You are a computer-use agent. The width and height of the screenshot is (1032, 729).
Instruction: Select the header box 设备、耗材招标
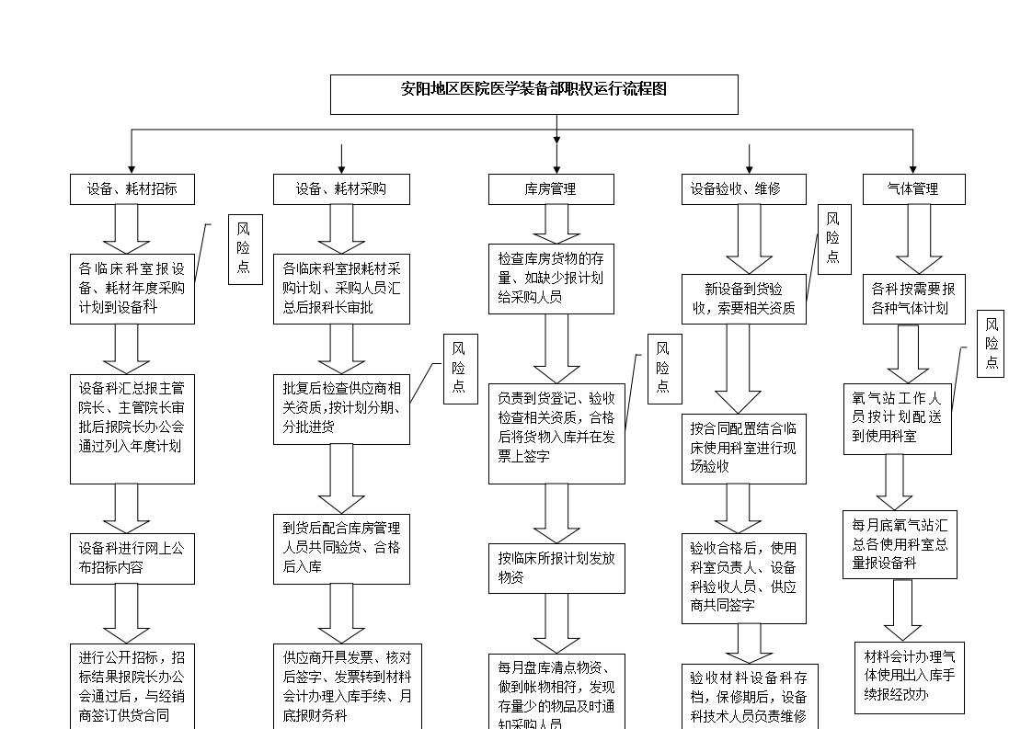pos(132,189)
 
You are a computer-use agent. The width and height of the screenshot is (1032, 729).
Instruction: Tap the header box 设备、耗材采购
pos(341,189)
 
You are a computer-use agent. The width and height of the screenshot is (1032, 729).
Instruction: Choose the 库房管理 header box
pos(550,189)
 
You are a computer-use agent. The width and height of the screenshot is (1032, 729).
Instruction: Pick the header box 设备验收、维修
pos(743,189)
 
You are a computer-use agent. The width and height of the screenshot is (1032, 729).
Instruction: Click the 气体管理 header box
pos(913,189)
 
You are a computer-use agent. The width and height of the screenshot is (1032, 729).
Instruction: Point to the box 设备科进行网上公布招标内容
pos(132,558)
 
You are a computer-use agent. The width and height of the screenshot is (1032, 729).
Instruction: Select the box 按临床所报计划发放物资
pos(556,568)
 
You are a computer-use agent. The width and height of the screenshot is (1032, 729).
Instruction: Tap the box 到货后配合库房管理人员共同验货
pos(341,549)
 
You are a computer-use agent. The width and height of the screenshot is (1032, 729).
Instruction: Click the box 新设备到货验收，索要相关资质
pos(743,299)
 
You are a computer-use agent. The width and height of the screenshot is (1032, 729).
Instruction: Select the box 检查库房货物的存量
pos(550,279)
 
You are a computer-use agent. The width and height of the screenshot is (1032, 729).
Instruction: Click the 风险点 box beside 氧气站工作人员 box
pos(991,344)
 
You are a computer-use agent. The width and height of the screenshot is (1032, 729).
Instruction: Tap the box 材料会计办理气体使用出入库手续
pos(909,678)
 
